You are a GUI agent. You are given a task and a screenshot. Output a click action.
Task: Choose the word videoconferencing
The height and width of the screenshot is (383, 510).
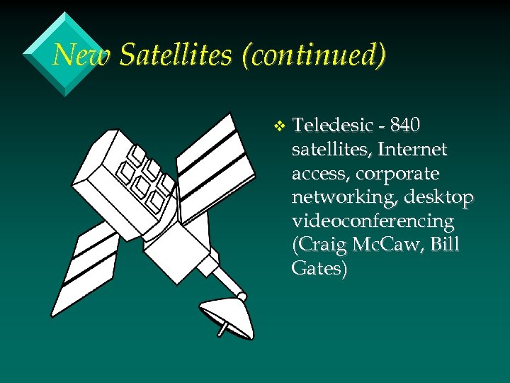click(373, 221)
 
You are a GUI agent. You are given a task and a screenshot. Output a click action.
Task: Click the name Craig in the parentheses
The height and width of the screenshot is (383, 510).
click(319, 245)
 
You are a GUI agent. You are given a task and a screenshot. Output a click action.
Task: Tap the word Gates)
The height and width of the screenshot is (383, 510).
click(319, 269)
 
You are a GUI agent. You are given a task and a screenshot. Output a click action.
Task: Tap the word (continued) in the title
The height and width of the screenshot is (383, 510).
click(314, 55)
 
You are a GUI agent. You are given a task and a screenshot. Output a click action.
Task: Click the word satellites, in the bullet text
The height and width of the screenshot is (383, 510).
click(331, 150)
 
